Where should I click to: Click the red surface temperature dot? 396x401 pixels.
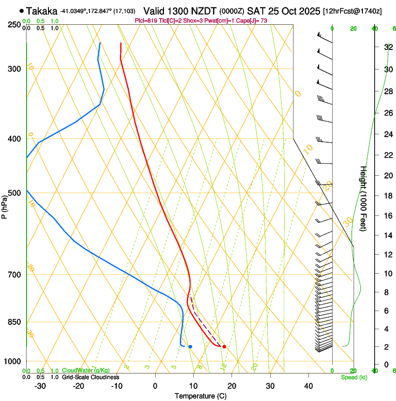pos(224,346)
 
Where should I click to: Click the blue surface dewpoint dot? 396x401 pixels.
pos(190,346)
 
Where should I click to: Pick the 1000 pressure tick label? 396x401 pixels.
pos(13,361)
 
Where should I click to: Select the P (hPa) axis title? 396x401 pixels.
pos(5,205)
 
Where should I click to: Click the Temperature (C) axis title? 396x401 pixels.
pos(200,396)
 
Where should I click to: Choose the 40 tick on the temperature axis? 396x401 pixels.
pos(308,386)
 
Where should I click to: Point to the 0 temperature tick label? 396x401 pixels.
pos(155,386)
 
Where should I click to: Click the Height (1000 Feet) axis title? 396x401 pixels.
pos(363,199)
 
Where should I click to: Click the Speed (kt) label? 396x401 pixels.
pos(354,377)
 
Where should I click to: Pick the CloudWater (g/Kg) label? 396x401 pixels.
pos(86,371)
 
